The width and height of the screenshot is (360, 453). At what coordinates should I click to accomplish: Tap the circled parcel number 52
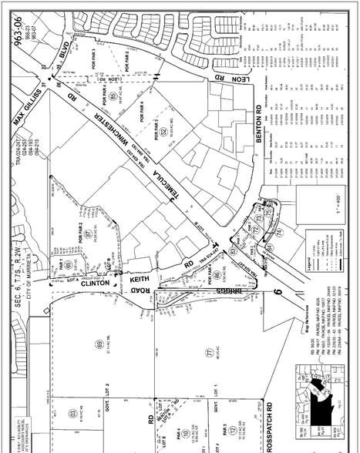click(x=164, y=132)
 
